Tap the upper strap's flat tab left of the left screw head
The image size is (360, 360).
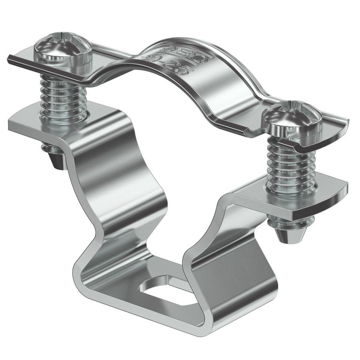click(22, 60)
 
